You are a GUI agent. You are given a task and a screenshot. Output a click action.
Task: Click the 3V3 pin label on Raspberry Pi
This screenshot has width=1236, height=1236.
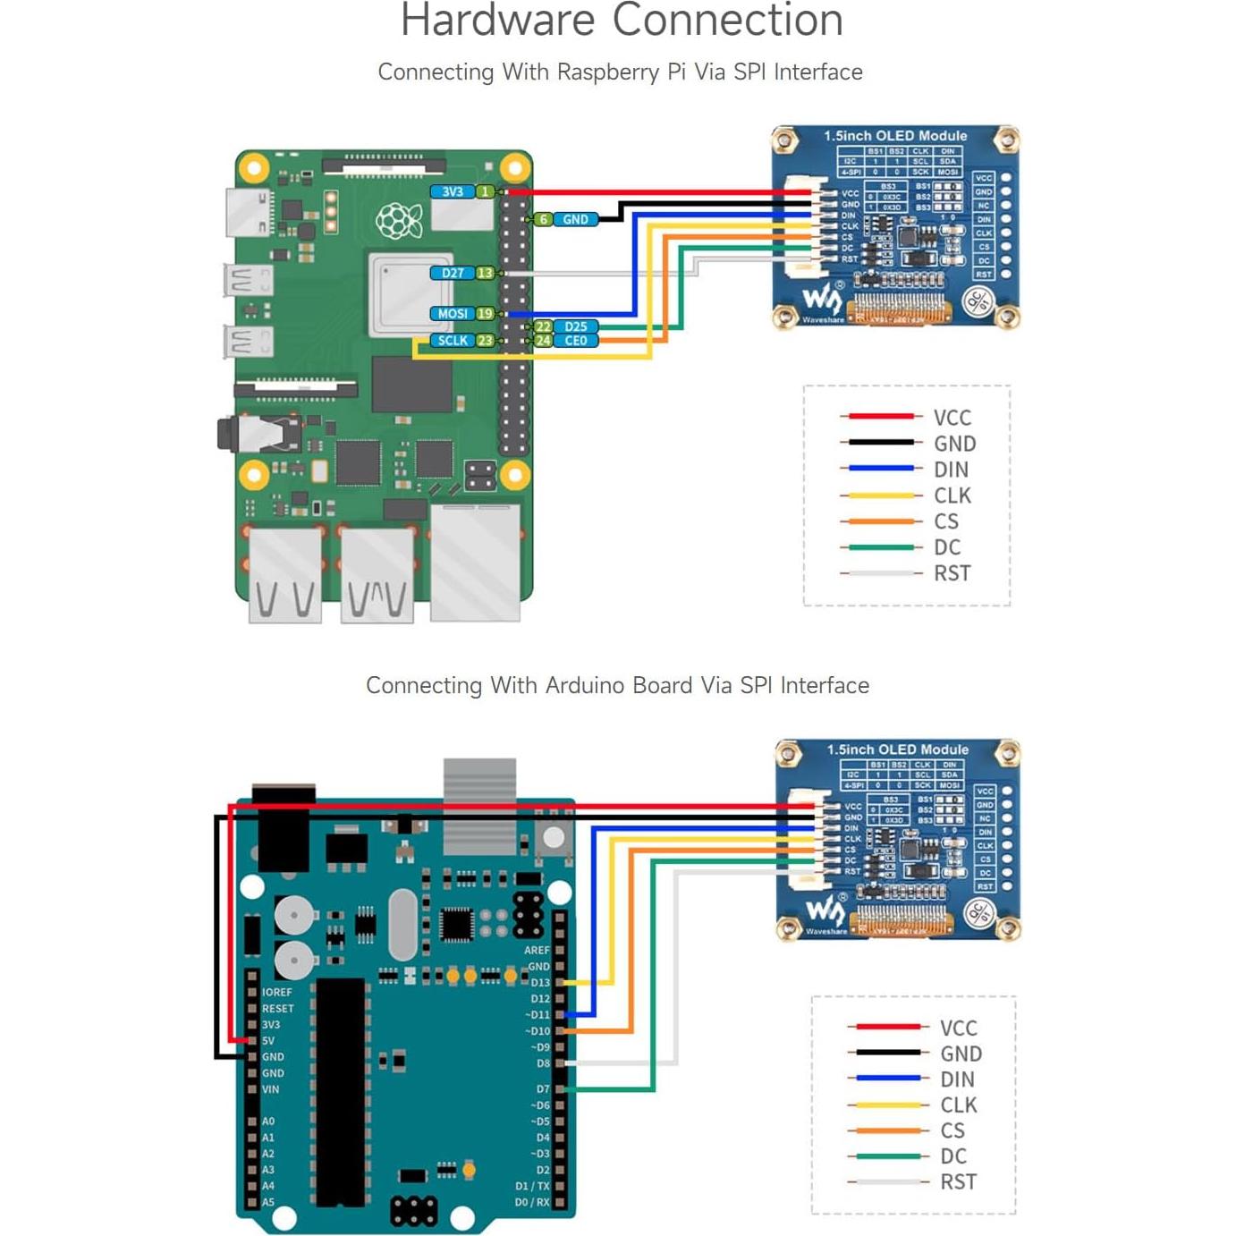click(453, 191)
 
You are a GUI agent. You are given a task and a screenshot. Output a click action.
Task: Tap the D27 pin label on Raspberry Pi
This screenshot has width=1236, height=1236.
click(453, 273)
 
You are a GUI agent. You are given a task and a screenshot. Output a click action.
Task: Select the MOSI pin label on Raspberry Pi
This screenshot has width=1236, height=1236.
click(453, 314)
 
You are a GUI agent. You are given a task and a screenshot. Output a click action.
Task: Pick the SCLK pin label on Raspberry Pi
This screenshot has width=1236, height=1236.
click(453, 341)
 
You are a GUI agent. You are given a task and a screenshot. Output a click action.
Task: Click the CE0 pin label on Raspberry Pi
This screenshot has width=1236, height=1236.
click(576, 341)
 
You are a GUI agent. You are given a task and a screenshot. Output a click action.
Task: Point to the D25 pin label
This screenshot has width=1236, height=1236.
click(576, 326)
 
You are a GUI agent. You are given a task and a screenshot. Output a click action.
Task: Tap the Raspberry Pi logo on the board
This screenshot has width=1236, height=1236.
click(399, 221)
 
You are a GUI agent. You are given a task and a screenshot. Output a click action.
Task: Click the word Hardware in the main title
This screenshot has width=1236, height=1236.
click(497, 21)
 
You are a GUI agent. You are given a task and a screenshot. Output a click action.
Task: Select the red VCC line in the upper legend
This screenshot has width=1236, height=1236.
click(880, 417)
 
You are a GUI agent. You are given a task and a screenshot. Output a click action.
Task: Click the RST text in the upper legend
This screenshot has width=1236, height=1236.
click(952, 573)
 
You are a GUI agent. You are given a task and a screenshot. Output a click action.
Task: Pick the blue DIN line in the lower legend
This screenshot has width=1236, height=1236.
click(886, 1079)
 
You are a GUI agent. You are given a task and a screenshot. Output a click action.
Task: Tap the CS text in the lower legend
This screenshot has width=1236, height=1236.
click(952, 1130)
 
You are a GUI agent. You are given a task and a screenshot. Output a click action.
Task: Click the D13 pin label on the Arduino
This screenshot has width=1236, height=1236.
click(540, 983)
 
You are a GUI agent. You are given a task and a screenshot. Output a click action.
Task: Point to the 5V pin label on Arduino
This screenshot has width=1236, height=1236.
click(268, 1041)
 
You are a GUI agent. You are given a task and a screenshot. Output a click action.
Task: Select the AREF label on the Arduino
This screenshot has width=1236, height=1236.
click(537, 951)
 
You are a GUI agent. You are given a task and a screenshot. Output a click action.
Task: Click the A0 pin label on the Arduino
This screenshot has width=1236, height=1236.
click(268, 1122)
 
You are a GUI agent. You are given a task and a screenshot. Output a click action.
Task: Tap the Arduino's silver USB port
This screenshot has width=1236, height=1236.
click(479, 805)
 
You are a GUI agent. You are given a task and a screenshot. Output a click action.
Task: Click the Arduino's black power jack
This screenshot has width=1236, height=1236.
click(284, 827)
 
